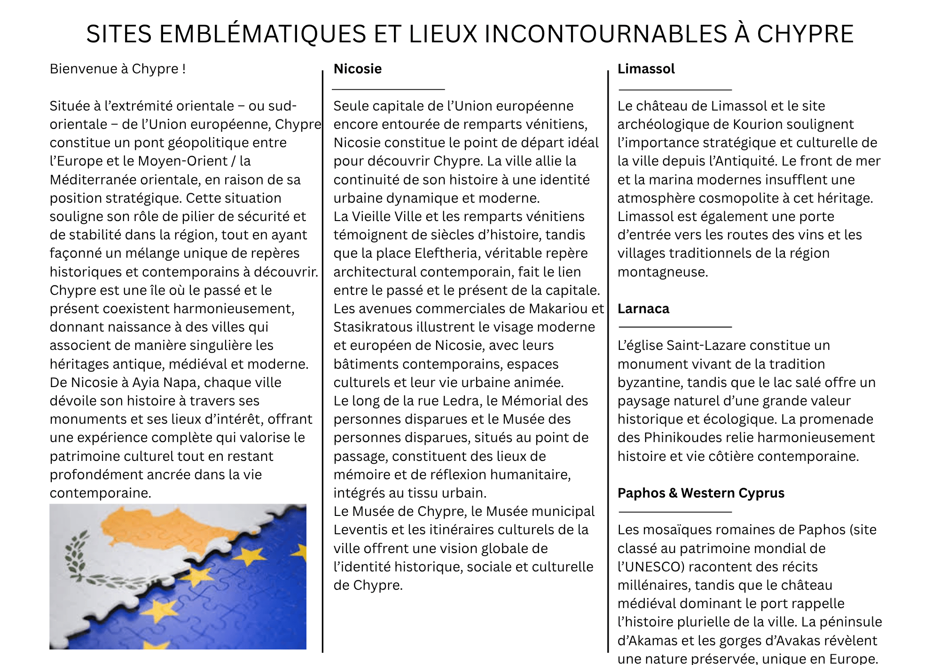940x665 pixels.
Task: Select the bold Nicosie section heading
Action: click(357, 69)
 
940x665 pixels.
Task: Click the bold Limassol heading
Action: click(646, 69)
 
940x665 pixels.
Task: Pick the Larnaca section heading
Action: click(643, 309)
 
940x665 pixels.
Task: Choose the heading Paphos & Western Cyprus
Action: click(700, 493)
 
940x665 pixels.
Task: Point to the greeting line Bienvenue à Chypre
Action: click(117, 69)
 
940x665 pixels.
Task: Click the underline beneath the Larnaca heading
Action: click(675, 326)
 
